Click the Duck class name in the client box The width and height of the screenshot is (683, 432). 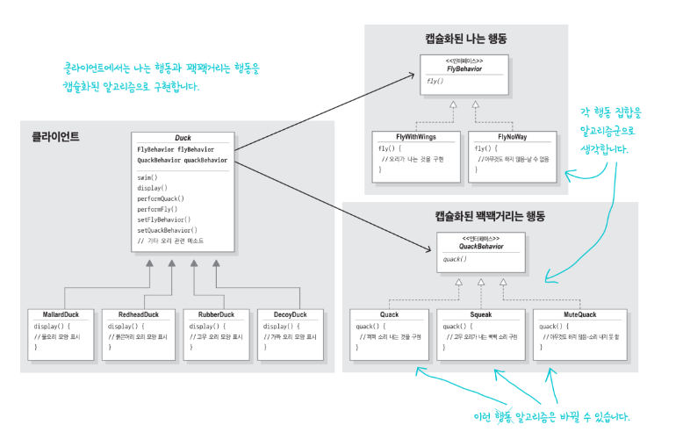click(183, 139)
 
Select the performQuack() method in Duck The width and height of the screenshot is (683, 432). click(161, 198)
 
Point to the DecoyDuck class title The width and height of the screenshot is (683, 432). click(285, 313)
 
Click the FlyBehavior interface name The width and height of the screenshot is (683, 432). click(464, 68)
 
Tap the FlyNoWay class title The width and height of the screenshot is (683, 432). click(512, 137)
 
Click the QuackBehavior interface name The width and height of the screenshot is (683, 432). click(480, 247)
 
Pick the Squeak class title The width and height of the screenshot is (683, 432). click(480, 313)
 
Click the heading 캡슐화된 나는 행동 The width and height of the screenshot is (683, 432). click(465, 38)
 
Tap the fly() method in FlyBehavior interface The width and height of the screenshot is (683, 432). click(434, 81)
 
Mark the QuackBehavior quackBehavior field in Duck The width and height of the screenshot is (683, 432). click(181, 160)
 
